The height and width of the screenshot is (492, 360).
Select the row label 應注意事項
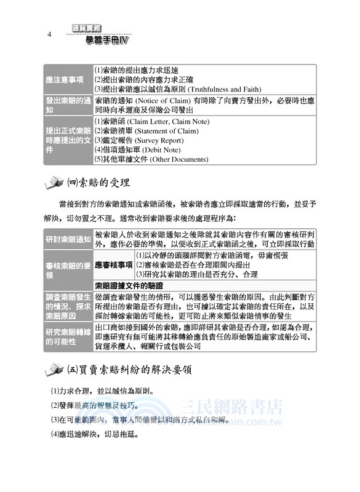point(68,79)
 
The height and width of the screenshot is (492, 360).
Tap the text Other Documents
point(173,159)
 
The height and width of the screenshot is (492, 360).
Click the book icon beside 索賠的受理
point(54,183)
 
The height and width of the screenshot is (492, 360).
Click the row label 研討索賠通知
point(68,239)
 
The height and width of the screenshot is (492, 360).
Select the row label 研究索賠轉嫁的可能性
point(68,338)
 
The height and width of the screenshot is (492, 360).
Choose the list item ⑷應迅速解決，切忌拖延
point(94,435)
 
